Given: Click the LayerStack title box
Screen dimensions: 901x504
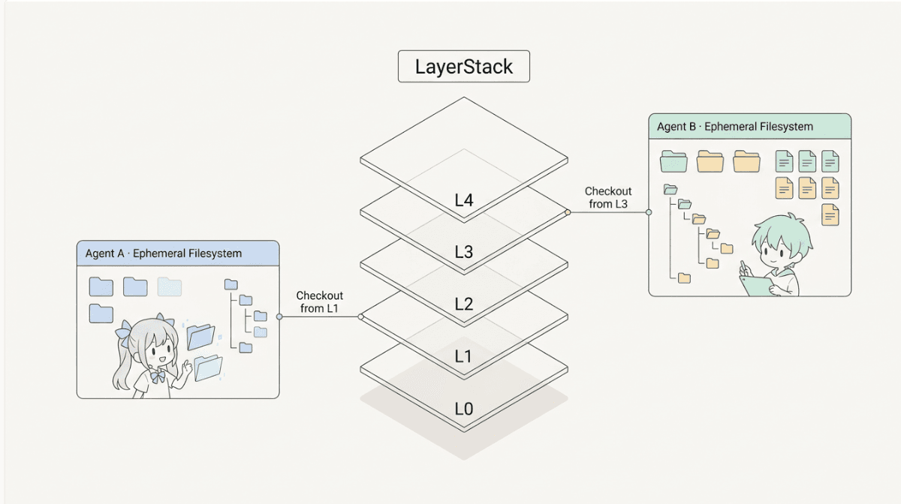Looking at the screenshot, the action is click(x=464, y=66).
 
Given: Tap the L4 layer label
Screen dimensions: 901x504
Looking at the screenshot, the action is click(x=464, y=200).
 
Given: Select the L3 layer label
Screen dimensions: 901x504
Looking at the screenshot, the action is click(x=464, y=252).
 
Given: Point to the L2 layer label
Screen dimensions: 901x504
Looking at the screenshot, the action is click(x=464, y=304).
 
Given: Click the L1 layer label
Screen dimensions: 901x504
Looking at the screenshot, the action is click(x=463, y=356).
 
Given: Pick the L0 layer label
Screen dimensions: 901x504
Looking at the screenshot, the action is click(x=464, y=409).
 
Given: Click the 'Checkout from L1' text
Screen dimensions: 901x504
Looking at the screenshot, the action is click(x=319, y=301).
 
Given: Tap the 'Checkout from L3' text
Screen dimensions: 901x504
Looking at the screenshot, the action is click(x=608, y=197).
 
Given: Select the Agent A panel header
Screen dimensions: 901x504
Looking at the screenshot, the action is click(x=178, y=253).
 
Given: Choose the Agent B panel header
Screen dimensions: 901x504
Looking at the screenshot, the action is click(x=750, y=127).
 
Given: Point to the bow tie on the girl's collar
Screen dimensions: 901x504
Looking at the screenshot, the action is click(x=157, y=376).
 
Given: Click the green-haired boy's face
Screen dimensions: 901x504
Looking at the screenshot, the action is click(x=777, y=254).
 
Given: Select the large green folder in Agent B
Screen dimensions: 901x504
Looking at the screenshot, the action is click(x=673, y=161).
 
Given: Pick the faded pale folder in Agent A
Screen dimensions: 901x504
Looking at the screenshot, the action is click(x=170, y=286).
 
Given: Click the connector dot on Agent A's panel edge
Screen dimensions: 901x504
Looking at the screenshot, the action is click(x=279, y=316).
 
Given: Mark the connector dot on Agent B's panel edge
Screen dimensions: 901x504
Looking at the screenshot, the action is click(x=649, y=212).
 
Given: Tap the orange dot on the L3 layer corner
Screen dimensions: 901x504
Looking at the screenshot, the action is click(x=568, y=212).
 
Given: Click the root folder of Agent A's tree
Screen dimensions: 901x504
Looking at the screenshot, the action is click(x=231, y=284).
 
